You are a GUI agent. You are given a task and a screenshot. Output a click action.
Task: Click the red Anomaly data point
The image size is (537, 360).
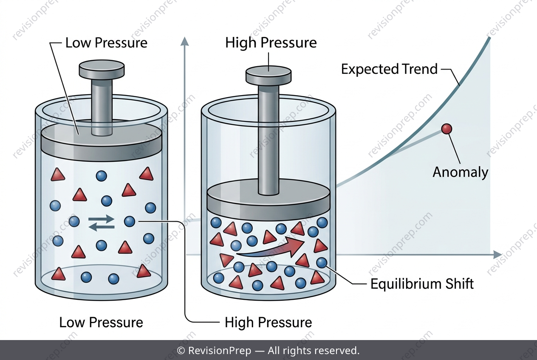[447, 129]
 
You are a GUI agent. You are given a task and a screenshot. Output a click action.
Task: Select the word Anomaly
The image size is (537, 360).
[460, 172]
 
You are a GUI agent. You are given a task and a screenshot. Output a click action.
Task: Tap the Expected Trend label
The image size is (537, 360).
[389, 69]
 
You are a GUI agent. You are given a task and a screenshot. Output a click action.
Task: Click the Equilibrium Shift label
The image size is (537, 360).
[422, 284]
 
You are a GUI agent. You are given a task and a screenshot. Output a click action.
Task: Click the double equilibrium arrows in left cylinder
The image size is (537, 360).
[102, 223]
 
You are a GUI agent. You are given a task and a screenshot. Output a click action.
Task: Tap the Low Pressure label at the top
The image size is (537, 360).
[106, 43]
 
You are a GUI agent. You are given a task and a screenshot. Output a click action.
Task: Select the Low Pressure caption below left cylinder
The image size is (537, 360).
[101, 322]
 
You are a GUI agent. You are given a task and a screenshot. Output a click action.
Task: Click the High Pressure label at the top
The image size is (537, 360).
[271, 43]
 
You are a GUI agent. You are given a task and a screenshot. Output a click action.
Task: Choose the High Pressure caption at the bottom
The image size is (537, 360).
[268, 322]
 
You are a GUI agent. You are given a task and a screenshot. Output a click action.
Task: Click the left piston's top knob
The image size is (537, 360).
[102, 70]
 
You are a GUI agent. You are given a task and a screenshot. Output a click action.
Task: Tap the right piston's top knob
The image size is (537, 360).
[268, 76]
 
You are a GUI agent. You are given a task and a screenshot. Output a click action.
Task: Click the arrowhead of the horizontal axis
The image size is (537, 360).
[497, 255]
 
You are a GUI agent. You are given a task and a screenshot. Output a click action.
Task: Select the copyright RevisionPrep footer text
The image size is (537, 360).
[268, 351]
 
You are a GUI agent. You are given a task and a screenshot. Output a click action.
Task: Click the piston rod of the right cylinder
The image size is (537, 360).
[268, 139]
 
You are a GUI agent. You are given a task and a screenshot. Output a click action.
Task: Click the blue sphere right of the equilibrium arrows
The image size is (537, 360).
[130, 222]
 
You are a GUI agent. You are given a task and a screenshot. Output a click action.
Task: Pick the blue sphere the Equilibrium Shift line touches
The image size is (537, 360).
[322, 262]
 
